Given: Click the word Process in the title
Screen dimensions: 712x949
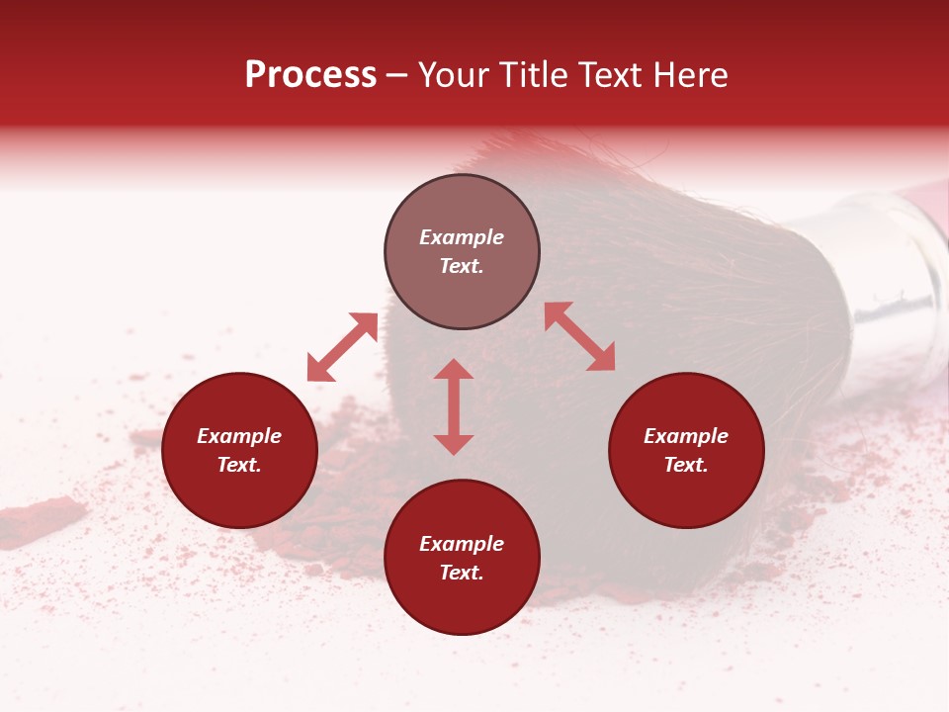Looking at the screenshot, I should [310, 75].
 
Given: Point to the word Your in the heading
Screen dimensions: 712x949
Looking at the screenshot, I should [456, 75].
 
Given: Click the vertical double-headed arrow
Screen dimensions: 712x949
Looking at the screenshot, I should [454, 406].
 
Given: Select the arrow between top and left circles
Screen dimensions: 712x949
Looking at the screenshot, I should [342, 347].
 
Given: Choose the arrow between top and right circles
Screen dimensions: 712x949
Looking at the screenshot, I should [579, 336].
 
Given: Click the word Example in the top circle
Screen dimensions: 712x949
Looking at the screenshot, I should [462, 237].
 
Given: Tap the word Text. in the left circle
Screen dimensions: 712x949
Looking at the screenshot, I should [239, 465].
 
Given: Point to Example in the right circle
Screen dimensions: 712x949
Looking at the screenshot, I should [686, 436].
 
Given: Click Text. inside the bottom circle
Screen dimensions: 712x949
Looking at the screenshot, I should [462, 573].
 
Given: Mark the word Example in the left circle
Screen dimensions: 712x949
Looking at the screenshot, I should [239, 436].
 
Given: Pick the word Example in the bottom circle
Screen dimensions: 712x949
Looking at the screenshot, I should [462, 544].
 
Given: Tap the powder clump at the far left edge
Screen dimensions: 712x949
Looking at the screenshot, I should [40, 520].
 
